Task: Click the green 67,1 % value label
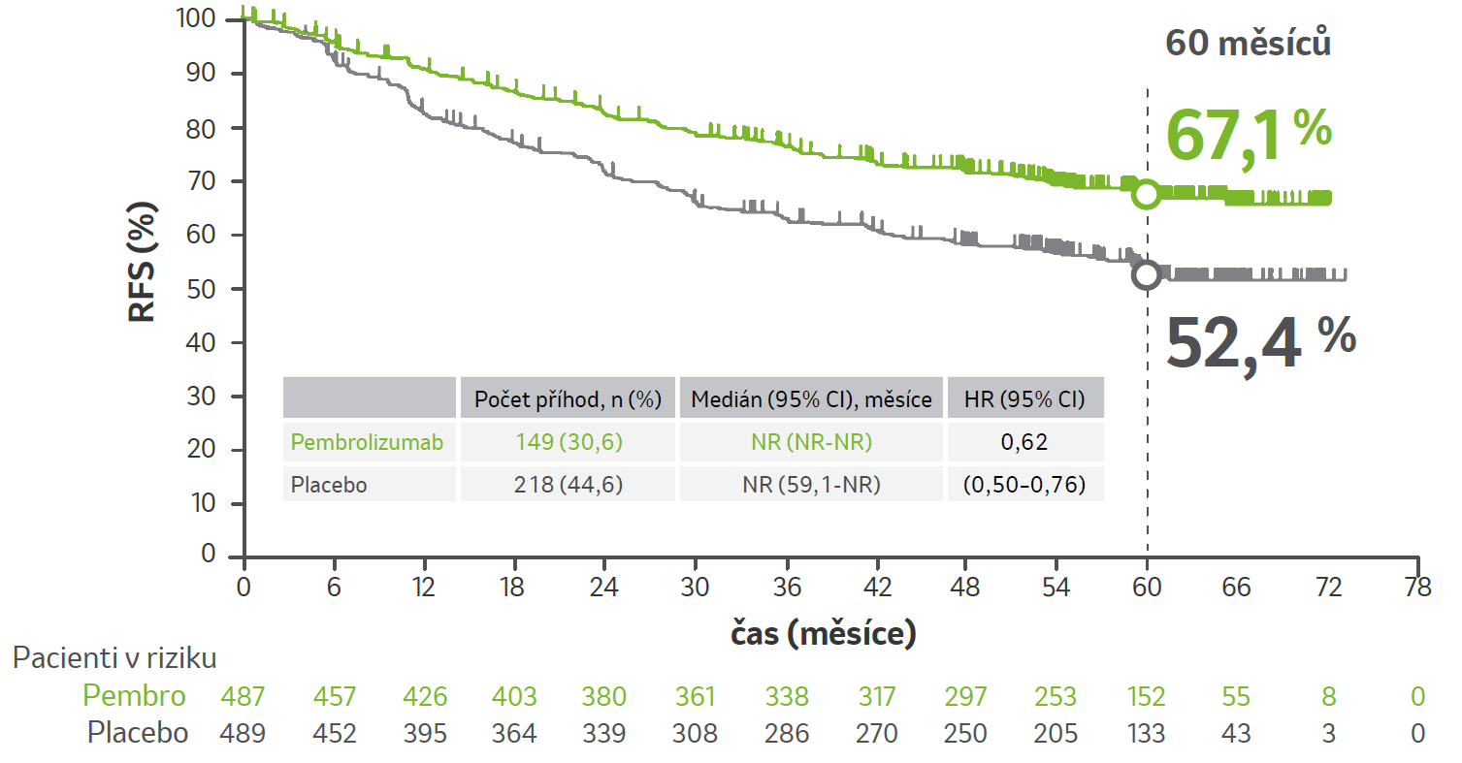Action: tap(1249, 134)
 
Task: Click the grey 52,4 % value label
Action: tap(1259, 342)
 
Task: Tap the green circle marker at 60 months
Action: tap(1147, 194)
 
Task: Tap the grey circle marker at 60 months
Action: tap(1147, 274)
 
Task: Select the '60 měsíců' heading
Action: tap(1247, 44)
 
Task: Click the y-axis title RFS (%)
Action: tap(144, 262)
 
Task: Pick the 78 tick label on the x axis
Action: tap(1417, 588)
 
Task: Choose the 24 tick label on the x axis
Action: tap(604, 588)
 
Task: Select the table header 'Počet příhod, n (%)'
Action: tap(568, 399)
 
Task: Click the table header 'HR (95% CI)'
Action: tap(1024, 399)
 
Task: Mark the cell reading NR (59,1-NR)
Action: tap(810, 484)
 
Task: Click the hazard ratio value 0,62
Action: tap(1024, 443)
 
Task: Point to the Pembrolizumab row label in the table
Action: tap(368, 443)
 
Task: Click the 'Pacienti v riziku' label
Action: tap(114, 657)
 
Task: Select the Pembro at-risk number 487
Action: tap(243, 696)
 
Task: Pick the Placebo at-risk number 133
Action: tap(1146, 733)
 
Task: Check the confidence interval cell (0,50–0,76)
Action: tap(1024, 484)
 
